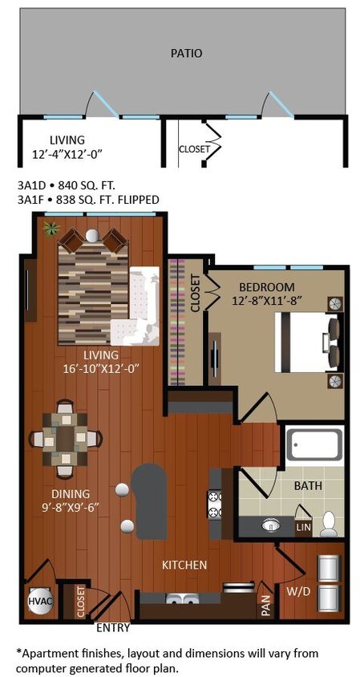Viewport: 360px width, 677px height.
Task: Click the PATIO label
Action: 186,53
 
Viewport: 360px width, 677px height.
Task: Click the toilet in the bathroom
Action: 328,523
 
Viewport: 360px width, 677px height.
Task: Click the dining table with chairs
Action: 66,438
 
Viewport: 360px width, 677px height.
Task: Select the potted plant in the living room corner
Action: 52,229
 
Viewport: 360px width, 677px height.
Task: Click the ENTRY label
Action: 113,628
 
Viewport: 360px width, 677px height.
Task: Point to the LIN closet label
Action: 304,526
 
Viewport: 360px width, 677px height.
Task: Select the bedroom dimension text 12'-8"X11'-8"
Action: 265,301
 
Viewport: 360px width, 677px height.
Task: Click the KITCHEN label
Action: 184,565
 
